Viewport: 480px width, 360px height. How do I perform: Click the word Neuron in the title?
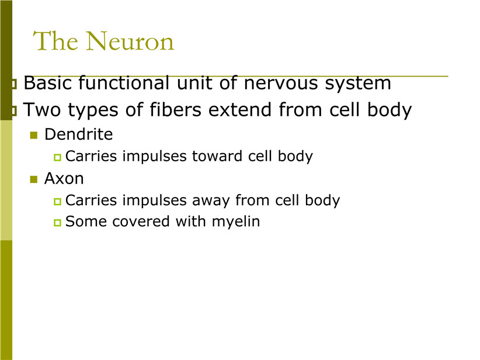(130, 41)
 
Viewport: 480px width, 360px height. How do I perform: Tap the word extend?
(239, 109)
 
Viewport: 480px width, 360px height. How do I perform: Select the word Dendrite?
(78, 134)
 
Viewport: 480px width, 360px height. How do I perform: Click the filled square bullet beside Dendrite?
(34, 135)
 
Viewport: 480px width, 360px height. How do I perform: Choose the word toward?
(217, 156)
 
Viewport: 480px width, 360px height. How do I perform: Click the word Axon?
(64, 179)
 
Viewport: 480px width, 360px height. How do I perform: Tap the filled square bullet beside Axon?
(34, 179)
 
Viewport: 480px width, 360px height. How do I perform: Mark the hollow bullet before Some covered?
(57, 223)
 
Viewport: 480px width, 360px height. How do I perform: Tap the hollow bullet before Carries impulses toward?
(57, 157)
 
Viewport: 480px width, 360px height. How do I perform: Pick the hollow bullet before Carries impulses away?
(57, 201)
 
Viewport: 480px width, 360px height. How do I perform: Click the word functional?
(124, 83)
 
